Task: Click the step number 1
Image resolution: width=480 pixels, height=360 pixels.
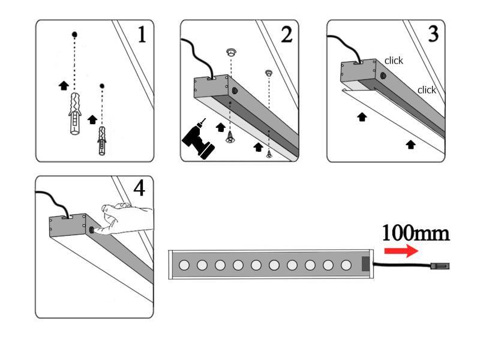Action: coord(142,35)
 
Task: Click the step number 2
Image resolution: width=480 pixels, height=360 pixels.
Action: coord(287,35)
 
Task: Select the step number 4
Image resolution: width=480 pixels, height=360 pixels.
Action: coord(139,188)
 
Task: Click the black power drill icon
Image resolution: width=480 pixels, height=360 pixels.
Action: coord(199,139)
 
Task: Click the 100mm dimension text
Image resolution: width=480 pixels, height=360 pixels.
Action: coord(415,232)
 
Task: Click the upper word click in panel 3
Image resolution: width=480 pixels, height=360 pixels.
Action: coord(394,61)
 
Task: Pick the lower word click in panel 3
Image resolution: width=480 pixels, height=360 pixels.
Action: coord(427,90)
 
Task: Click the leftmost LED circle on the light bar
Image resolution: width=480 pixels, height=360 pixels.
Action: coord(184,265)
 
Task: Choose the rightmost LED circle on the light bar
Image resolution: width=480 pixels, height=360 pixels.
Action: coord(346,265)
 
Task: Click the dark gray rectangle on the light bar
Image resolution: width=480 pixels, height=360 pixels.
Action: coord(365,265)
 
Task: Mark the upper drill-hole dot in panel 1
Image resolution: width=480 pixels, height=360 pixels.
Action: coord(74,34)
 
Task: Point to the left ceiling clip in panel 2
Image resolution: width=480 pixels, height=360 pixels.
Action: coord(231,53)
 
